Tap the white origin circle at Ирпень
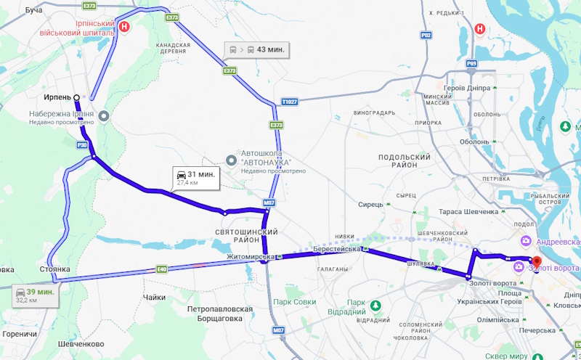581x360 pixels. click(x=76, y=96)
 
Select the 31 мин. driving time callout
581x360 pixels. click(x=195, y=176)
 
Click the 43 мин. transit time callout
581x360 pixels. click(x=258, y=50)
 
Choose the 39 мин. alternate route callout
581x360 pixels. click(x=36, y=295)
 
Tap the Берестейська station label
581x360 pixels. click(x=338, y=248)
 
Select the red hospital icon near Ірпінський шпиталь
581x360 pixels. click(x=124, y=28)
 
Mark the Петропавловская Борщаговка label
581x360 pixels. click(x=219, y=314)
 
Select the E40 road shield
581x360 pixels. click(x=161, y=269)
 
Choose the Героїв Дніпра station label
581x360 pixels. click(x=464, y=88)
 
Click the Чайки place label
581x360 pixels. click(x=155, y=298)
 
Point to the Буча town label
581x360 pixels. click(x=33, y=10)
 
